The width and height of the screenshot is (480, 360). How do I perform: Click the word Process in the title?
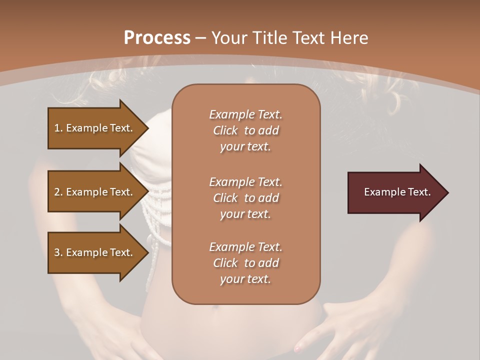pyautogui.click(x=157, y=38)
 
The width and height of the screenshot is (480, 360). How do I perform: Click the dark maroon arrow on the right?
pyautogui.click(x=395, y=192)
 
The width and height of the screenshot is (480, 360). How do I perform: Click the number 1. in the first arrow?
pyautogui.click(x=58, y=128)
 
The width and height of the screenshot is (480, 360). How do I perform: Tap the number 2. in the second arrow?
pyautogui.click(x=58, y=192)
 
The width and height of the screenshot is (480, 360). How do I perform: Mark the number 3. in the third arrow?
pyautogui.click(x=58, y=252)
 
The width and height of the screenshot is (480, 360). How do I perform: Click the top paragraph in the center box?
pyautogui.click(x=245, y=130)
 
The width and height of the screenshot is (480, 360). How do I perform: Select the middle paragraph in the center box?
pyautogui.click(x=245, y=198)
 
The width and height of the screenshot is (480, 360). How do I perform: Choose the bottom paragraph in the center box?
pyautogui.click(x=245, y=263)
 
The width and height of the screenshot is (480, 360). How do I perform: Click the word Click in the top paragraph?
pyautogui.click(x=225, y=130)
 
